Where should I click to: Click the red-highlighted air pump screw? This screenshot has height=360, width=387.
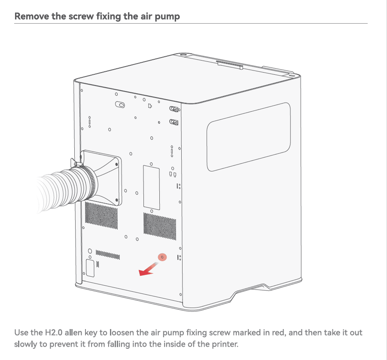click(x=162, y=257)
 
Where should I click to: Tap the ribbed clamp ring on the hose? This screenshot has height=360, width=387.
click(x=90, y=182)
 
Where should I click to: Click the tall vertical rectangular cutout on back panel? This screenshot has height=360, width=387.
click(x=151, y=188)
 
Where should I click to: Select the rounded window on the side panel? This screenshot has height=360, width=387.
click(x=249, y=137)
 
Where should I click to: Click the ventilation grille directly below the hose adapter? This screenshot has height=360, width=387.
click(x=101, y=215)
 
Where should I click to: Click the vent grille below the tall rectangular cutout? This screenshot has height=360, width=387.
click(x=160, y=226)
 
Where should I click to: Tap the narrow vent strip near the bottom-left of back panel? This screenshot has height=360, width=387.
click(x=108, y=255)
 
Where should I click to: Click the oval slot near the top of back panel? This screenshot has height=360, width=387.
click(x=120, y=105)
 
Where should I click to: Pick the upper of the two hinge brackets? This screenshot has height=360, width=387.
click(x=174, y=109)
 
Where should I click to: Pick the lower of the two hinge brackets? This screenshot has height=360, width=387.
click(x=174, y=122)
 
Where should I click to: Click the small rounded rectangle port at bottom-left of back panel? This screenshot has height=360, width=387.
click(x=90, y=268)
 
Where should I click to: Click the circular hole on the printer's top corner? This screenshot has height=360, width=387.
click(x=183, y=55)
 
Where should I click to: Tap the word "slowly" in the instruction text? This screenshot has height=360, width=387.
click(x=24, y=344)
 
